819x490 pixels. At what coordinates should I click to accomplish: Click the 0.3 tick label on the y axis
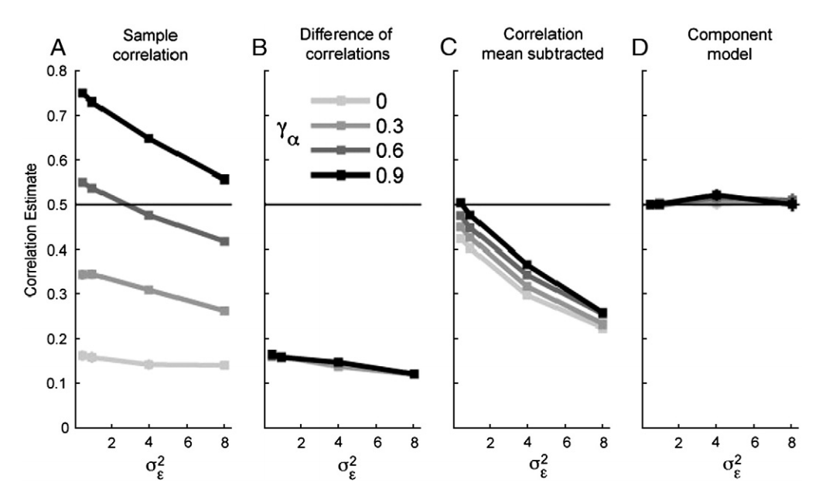tap(57, 294)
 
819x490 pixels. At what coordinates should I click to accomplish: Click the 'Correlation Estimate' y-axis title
tap(30, 249)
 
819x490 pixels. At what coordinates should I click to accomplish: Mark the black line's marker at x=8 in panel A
tap(224, 179)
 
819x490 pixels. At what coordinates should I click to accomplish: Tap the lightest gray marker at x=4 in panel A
tap(148, 364)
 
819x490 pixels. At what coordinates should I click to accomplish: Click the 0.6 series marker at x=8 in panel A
tap(224, 242)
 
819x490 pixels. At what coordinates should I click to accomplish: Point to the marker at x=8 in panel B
tap(414, 374)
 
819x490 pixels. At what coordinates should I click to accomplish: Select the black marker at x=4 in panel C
tap(527, 266)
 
